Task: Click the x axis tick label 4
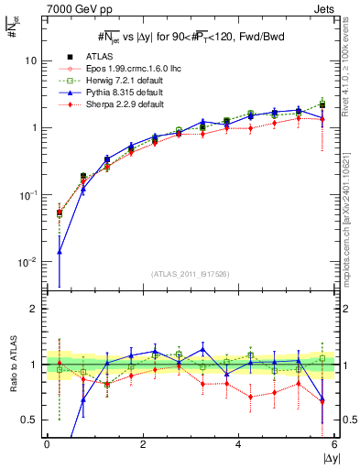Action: (238, 445)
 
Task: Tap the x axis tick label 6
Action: (334, 445)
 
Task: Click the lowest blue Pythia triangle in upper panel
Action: (60, 251)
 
